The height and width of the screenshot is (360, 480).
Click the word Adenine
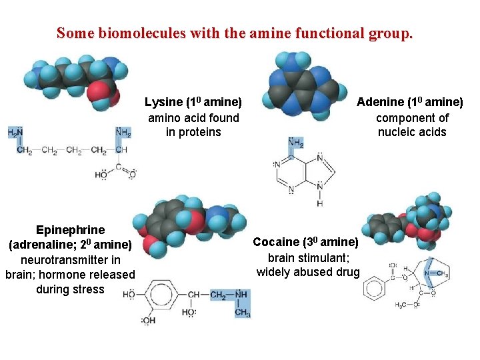(380, 102)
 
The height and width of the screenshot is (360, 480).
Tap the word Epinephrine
(70, 230)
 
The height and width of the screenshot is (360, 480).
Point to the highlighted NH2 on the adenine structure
(295, 142)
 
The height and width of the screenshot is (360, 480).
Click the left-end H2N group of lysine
(15, 133)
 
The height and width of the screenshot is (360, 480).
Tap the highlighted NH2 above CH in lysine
(123, 133)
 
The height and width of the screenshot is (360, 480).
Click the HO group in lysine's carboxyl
(101, 175)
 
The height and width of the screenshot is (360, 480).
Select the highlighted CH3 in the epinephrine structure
(242, 313)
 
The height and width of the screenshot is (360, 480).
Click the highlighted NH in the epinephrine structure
(241, 295)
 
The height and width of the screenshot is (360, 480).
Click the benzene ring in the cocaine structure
(373, 289)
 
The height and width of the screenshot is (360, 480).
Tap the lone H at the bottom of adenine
(320, 203)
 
